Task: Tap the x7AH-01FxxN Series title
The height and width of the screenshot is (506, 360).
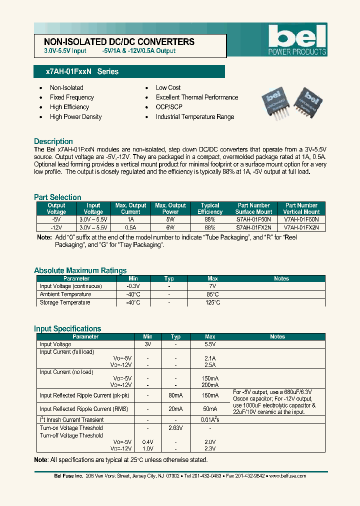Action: click(x=82, y=72)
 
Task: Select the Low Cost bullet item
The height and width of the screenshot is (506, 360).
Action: click(x=168, y=87)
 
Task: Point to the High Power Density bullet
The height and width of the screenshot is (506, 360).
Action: click(x=75, y=117)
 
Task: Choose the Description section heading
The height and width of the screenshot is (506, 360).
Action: click(x=53, y=141)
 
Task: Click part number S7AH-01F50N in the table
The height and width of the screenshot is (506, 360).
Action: click(x=253, y=219)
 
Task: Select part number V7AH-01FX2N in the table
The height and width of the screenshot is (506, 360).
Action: click(x=301, y=227)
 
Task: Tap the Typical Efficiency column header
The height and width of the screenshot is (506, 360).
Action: click(x=210, y=208)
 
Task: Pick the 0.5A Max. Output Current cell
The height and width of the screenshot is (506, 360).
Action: click(x=130, y=227)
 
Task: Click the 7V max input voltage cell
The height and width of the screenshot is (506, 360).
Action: click(x=212, y=286)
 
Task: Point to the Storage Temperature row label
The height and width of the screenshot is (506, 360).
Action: click(x=65, y=302)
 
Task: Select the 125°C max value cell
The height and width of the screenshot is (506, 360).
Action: click(x=212, y=302)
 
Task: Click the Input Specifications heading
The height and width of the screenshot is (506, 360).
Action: click(x=67, y=328)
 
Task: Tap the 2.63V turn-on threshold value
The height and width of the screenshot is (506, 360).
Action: click(x=175, y=428)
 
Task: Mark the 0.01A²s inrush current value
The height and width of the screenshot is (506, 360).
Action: click(x=210, y=420)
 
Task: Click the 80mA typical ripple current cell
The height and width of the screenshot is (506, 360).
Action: click(x=175, y=395)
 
